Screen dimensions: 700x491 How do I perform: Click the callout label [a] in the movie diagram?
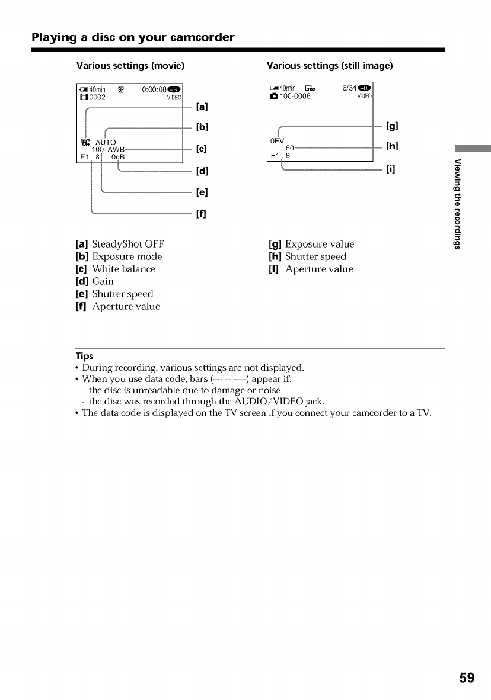pyautogui.click(x=202, y=107)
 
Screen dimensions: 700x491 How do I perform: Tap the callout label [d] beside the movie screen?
pyautogui.click(x=202, y=172)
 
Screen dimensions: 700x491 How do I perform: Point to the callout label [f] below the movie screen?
pyautogui.click(x=202, y=213)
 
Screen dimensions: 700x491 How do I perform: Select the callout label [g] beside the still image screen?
pyautogui.click(x=391, y=126)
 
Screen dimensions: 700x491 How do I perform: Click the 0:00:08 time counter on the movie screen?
pyautogui.click(x=157, y=91)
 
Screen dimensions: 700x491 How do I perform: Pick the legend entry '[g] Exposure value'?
pyautogui.click(x=311, y=244)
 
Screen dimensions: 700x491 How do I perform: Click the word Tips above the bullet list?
pyautogui.click(x=84, y=356)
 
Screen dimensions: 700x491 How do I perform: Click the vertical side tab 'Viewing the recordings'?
pyautogui.click(x=457, y=204)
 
